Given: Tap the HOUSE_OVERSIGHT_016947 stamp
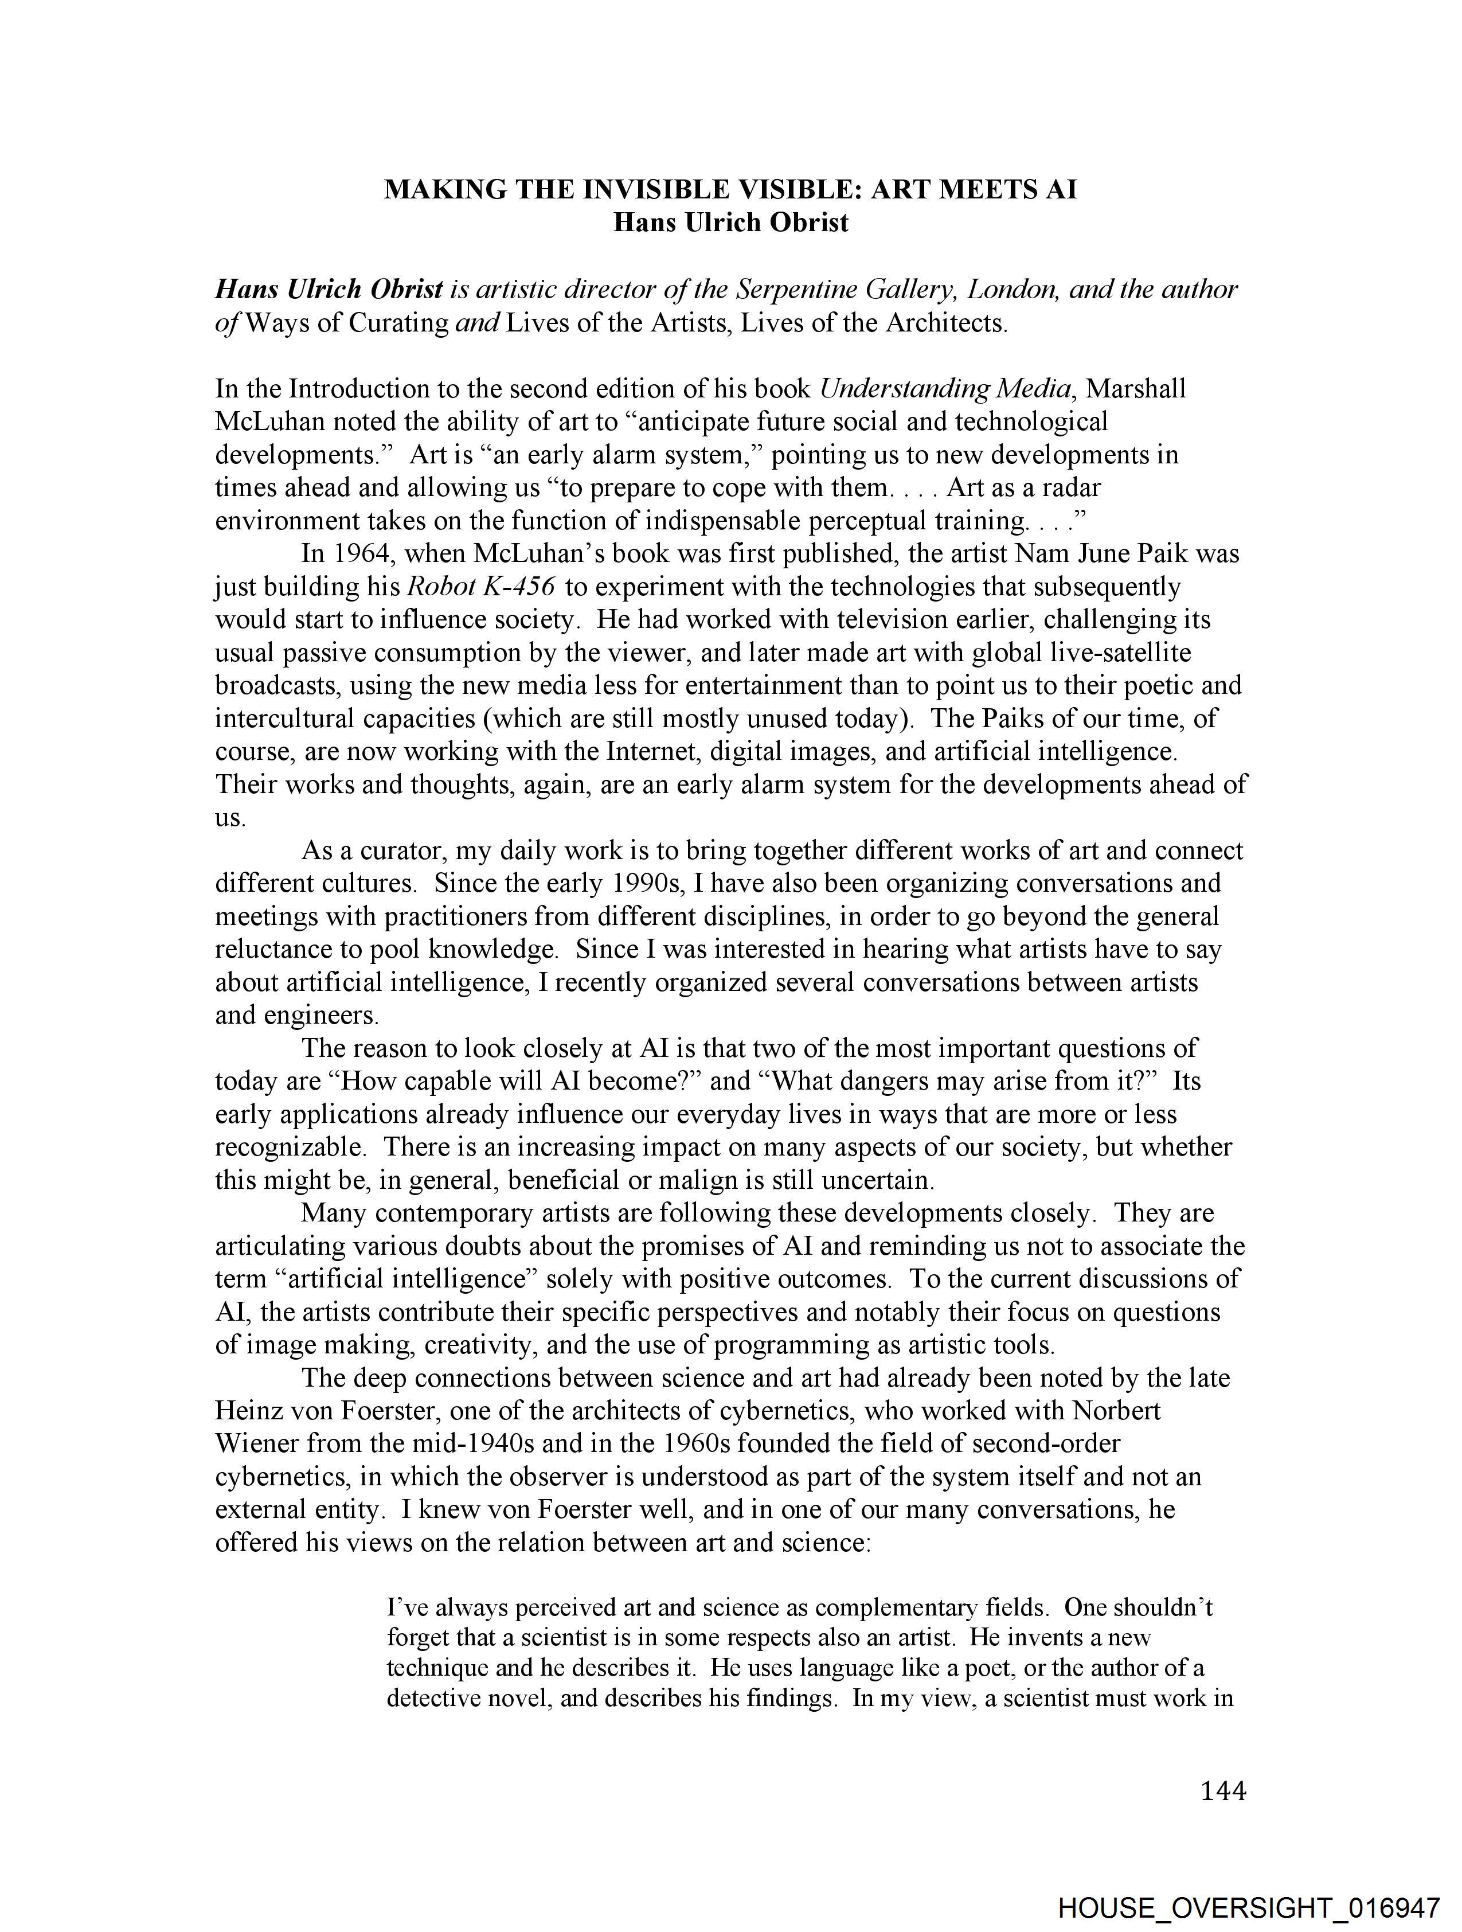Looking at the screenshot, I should point(1248,1907).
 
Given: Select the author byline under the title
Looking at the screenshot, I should point(730,223).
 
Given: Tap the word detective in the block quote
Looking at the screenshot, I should point(432,1699).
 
